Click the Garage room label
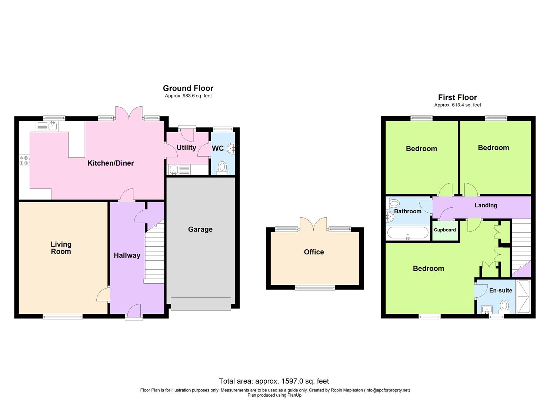200,229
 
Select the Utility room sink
174,170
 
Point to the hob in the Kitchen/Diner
24,160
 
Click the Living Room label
61,248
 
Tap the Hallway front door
134,311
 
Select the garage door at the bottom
200,304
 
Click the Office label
314,252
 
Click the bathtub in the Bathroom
407,233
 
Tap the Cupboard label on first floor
445,230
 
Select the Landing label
486,205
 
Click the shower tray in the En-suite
523,297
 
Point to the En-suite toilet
504,306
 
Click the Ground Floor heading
188,88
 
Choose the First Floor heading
457,97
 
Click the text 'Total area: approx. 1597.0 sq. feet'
274,381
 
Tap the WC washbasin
231,149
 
